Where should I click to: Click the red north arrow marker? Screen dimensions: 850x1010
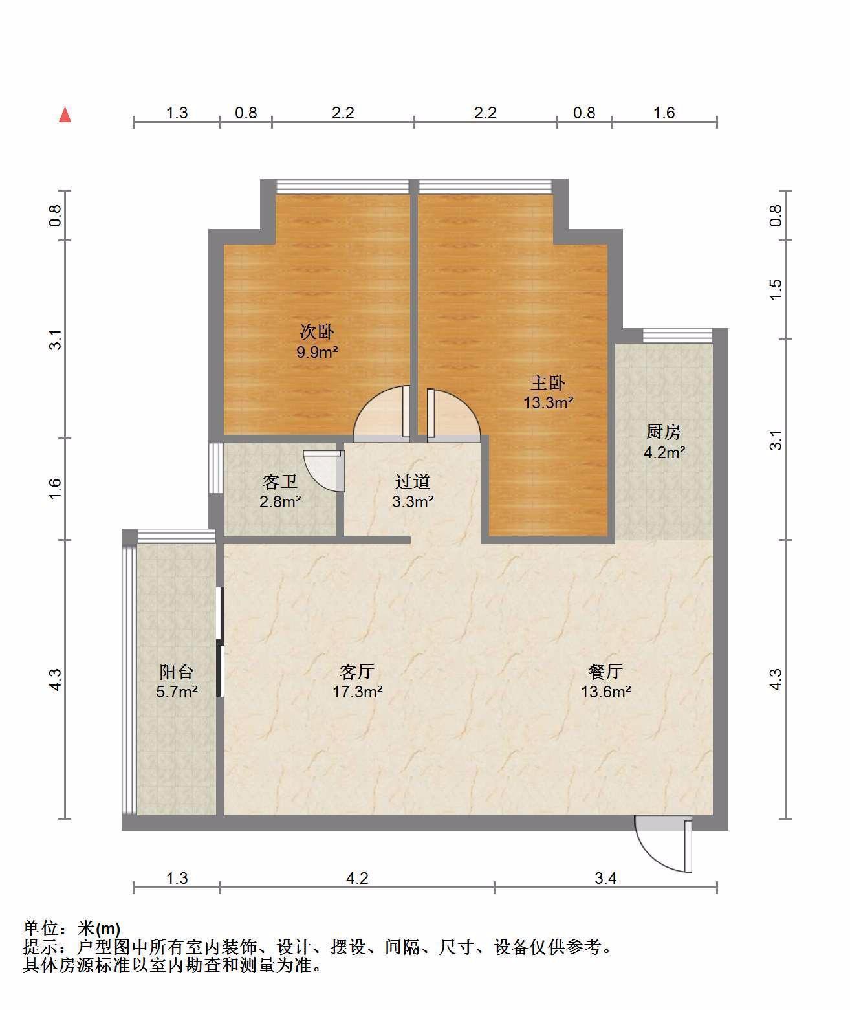pos(65,115)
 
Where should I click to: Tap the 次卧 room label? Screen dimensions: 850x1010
pos(317,332)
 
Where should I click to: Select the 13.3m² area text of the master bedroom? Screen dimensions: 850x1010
pos(549,402)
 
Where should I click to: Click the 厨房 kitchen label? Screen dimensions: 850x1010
pos(664,432)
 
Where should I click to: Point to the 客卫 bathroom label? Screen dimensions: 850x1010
pos(280,482)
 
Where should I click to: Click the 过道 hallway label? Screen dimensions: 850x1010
pos(413,482)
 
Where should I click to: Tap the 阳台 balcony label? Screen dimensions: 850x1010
pos(177,672)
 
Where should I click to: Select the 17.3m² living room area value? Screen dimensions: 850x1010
pos(358,692)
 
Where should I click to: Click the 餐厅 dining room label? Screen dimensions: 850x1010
pos(605,672)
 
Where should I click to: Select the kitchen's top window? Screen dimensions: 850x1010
pos(677,336)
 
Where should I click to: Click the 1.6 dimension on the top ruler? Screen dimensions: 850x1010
pos(664,113)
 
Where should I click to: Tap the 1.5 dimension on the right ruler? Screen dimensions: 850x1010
pos(776,289)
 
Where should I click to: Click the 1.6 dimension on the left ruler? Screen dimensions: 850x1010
pos(56,489)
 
